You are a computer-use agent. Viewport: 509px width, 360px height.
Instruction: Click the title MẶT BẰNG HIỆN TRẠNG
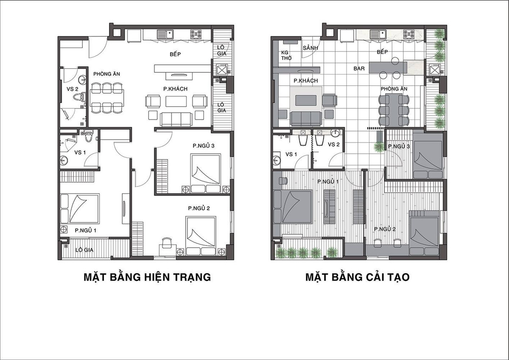(148, 278)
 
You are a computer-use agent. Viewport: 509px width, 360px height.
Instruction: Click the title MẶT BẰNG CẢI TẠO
(357, 278)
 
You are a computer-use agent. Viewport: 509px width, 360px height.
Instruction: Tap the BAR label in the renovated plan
(359, 68)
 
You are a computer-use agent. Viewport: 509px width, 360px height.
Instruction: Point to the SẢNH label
(310, 48)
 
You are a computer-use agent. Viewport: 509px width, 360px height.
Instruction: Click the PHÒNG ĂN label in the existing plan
(107, 74)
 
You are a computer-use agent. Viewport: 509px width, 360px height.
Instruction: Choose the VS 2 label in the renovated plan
(334, 144)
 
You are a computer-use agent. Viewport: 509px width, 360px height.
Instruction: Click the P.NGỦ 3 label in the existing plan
(203, 146)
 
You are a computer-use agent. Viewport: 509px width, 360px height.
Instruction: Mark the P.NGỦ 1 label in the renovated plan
(328, 182)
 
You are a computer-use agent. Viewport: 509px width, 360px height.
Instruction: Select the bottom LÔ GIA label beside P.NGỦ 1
(84, 250)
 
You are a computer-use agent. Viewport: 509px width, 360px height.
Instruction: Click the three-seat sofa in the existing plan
(176, 120)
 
